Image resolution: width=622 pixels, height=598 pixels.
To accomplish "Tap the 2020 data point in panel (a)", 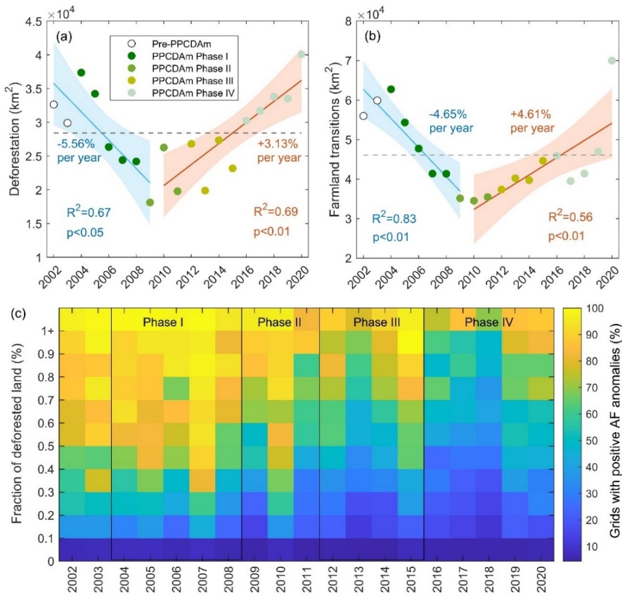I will click(x=301, y=54).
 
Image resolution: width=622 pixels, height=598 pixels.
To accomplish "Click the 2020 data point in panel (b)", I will click(x=611, y=60).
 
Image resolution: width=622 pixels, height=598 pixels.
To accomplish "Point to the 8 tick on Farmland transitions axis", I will click(x=344, y=22).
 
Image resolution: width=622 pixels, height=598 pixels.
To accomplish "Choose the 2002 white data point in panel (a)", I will click(x=53, y=105).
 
